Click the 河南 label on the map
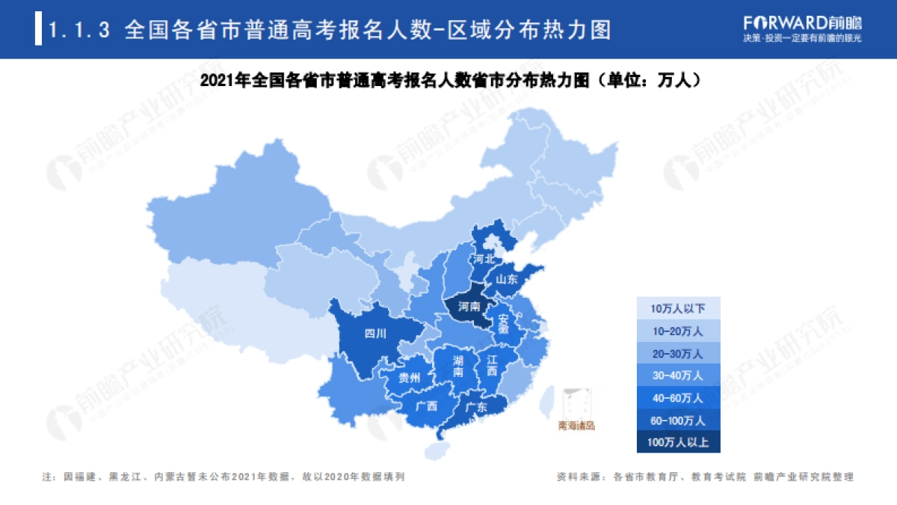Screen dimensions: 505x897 (469, 307)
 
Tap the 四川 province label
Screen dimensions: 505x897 (374, 334)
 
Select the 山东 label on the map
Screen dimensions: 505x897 (507, 279)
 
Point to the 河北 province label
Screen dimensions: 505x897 (483, 259)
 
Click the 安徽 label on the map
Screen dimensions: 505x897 (504, 322)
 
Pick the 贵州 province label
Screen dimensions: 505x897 (410, 377)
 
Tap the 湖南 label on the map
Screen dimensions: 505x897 (458, 366)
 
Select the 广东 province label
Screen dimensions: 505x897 (476, 408)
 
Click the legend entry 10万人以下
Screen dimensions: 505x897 (678, 307)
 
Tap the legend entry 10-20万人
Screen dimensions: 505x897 (678, 330)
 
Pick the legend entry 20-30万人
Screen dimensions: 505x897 (678, 352)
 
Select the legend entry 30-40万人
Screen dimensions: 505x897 (678, 375)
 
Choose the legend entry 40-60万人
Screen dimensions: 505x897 (678, 397)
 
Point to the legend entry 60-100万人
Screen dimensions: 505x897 (678, 420)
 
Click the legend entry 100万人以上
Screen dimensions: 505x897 (678, 442)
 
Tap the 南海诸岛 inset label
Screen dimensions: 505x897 (576, 426)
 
